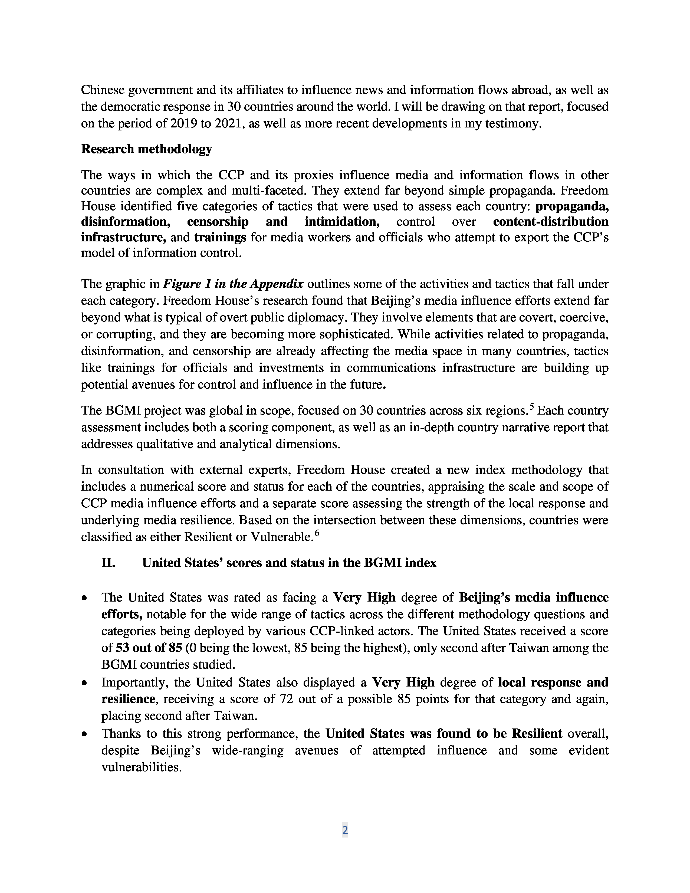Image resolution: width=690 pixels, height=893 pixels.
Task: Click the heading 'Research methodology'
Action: click(146, 149)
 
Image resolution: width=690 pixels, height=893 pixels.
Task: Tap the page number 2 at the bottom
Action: click(344, 830)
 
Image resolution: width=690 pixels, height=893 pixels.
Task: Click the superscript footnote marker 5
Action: click(531, 406)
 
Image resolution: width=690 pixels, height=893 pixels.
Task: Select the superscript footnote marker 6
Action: click(316, 533)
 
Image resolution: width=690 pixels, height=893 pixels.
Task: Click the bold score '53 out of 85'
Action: click(149, 648)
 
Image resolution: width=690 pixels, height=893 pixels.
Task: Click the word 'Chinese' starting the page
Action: click(103, 90)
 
